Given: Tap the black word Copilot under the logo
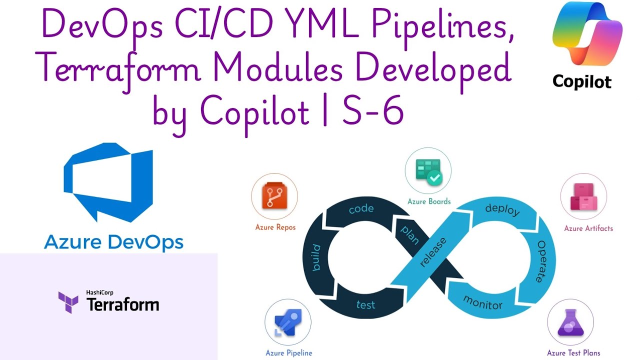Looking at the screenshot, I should pyautogui.click(x=581, y=81).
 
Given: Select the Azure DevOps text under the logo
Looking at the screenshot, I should pyautogui.click(x=113, y=242).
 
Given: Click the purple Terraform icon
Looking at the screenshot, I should pyautogui.click(x=68, y=302).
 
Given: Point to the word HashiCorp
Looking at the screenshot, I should pyautogui.click(x=98, y=293).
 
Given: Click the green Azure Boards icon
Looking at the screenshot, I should pyautogui.click(x=428, y=171).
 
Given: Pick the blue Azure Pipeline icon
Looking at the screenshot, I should pyautogui.click(x=287, y=322).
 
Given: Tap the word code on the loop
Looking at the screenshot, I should pyautogui.click(x=361, y=208).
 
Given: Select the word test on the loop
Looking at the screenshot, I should pyautogui.click(x=365, y=304).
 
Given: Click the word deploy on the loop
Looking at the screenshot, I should pyautogui.click(x=502, y=210).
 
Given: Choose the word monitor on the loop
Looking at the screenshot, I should pyautogui.click(x=482, y=301).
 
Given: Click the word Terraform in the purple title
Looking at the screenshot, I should pyautogui.click(x=118, y=69).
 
